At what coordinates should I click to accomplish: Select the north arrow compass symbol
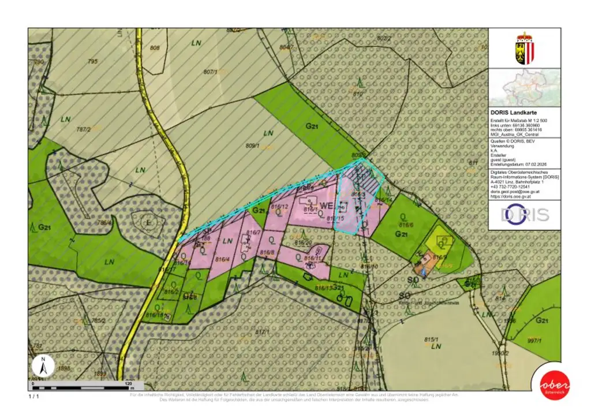[43, 365]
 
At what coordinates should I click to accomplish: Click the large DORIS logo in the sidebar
[524, 215]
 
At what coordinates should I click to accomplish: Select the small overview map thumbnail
[524, 87]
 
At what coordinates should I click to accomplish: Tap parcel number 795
[92, 60]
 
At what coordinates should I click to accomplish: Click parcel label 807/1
[210, 72]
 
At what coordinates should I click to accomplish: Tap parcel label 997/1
[534, 341]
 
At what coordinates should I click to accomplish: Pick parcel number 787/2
[84, 129]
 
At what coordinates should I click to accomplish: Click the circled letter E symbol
[148, 222]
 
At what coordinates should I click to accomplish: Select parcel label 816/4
[222, 259]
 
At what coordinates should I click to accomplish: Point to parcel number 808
[154, 48]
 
